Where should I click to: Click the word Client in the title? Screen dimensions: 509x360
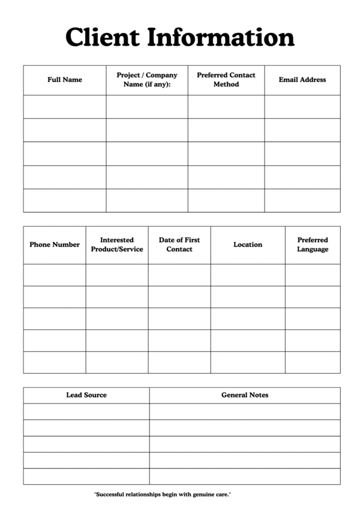(x=103, y=37)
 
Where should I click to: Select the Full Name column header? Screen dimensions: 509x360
(x=65, y=80)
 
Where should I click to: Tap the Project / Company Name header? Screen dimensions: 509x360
(x=147, y=80)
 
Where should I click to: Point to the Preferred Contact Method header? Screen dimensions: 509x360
(x=226, y=80)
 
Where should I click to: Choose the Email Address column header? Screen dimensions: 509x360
(x=302, y=80)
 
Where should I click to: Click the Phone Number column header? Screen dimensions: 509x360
(x=55, y=245)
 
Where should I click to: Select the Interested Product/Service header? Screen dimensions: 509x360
(x=117, y=245)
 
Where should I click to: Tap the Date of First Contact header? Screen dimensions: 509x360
(x=179, y=245)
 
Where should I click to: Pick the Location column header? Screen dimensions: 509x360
(x=248, y=245)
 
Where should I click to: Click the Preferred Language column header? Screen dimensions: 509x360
(x=313, y=245)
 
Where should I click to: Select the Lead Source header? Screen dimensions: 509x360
(x=86, y=395)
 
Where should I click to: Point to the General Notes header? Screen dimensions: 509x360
(x=245, y=395)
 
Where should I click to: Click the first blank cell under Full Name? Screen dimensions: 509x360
(x=65, y=107)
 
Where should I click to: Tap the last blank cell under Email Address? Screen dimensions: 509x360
(x=302, y=200)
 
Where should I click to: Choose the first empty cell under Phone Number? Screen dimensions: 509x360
(x=55, y=275)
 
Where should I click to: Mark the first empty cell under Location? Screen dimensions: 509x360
(x=248, y=275)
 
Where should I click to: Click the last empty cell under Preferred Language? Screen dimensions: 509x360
(x=313, y=362)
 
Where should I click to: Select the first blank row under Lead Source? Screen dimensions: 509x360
(x=86, y=411)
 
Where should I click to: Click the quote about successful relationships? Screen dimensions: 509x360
(x=163, y=495)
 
